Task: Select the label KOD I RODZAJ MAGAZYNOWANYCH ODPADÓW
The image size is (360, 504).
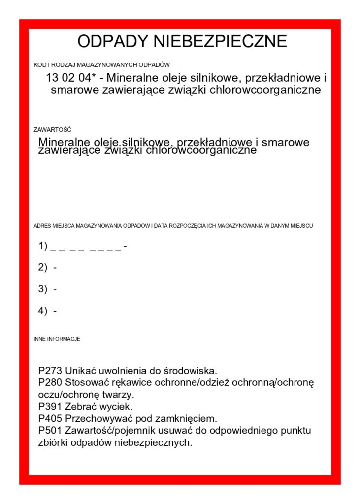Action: tap(101, 64)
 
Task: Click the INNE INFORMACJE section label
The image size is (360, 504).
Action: tap(57, 339)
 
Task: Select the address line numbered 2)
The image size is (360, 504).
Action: tap(48, 267)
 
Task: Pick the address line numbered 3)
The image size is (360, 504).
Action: tap(48, 289)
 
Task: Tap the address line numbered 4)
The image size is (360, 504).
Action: tap(48, 311)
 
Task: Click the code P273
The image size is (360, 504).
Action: tap(50, 370)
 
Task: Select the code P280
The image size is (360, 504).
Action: tap(50, 382)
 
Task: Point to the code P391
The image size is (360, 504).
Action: tap(50, 407)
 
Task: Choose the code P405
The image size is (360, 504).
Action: tap(50, 419)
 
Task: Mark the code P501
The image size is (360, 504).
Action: tap(50, 431)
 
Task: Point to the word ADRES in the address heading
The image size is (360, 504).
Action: tap(41, 226)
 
